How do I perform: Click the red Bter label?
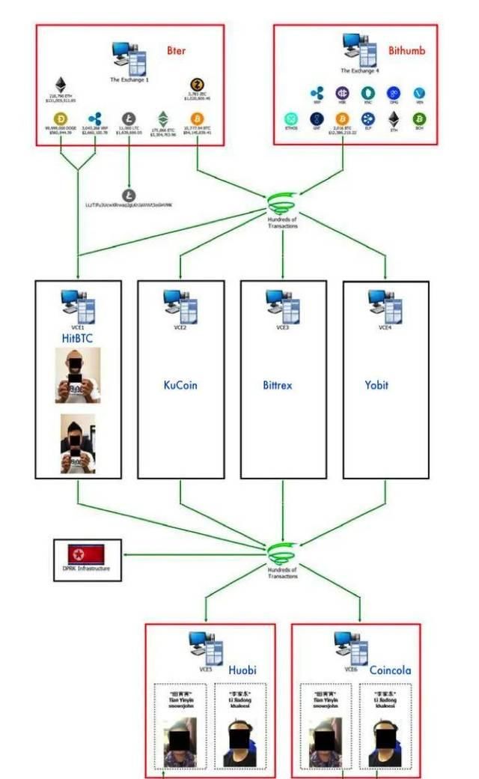coord(177,50)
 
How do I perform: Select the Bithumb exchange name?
coord(406,51)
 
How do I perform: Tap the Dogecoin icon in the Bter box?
coord(61,118)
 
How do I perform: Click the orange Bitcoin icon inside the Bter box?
coord(198,118)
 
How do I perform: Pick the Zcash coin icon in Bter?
coord(198,84)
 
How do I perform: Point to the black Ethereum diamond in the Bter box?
coord(61,84)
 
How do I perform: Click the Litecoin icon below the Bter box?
coord(129,195)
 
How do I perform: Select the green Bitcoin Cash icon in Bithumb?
coord(420,118)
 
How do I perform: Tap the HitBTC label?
coord(78,339)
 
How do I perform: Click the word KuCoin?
coord(180,386)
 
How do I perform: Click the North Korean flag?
coord(86,554)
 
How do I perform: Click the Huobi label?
coord(242,649)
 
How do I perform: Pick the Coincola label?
coord(390,649)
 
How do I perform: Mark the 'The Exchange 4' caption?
coord(356,70)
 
